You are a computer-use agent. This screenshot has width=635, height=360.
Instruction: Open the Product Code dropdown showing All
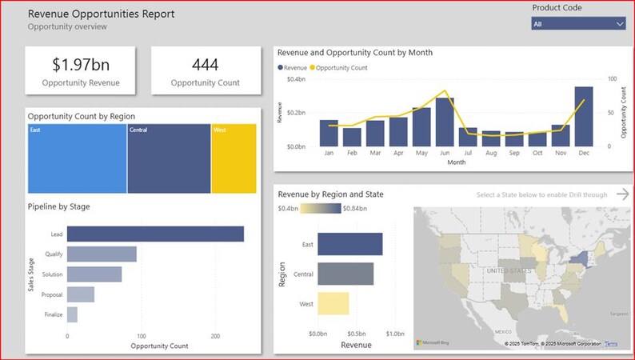tap(578, 24)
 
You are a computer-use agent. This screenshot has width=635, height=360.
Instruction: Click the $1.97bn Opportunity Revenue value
tap(80, 65)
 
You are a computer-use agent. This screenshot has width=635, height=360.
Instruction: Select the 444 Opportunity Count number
tap(206, 65)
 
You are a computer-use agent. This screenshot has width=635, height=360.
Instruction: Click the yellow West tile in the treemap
tap(234, 158)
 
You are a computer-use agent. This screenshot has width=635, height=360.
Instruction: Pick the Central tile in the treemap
tap(169, 158)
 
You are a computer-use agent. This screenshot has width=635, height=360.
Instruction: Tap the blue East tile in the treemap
tap(77, 158)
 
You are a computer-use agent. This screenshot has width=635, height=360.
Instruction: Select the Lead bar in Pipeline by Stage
tap(155, 234)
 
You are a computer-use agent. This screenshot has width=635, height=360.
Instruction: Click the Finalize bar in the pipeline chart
tap(72, 314)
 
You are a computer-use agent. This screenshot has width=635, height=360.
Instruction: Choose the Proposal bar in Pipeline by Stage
tap(80, 294)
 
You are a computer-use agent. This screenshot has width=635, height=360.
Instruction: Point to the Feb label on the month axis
tap(352, 153)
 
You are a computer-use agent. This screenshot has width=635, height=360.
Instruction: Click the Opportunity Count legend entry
tap(341, 68)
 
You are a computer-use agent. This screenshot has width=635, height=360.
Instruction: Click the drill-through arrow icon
tap(623, 194)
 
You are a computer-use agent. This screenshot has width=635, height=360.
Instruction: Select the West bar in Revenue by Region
tap(333, 303)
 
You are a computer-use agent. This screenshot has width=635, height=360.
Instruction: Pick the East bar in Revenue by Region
tap(349, 245)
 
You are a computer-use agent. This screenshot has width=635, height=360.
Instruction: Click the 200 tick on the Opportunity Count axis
tap(214, 337)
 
